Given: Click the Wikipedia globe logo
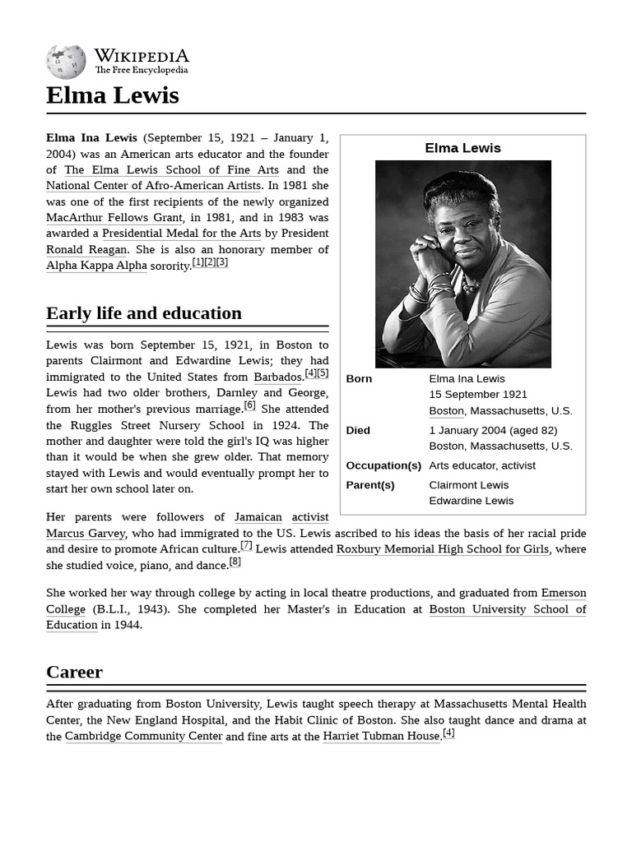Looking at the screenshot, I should [66, 61].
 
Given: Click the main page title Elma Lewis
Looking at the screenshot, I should [112, 95].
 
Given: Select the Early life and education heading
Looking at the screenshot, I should [144, 313].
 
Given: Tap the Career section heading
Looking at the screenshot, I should [74, 672].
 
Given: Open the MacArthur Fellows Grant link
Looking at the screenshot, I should [114, 218].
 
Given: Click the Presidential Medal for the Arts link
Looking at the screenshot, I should [181, 234].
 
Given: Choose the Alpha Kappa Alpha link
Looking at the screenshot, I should [96, 266].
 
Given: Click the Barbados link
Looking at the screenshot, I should [278, 377].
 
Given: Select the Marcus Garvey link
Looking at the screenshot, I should [86, 533].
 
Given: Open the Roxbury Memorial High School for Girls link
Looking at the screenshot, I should [442, 549].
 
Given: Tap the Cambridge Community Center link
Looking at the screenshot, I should [143, 737].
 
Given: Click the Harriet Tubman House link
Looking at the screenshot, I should [381, 737].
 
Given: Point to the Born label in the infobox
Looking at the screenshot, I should [359, 379].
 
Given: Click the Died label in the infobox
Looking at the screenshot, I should [358, 430].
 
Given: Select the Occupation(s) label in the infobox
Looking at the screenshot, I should [383, 465].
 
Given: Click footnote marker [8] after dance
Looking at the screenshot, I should [235, 562].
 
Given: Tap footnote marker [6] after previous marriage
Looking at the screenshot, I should [249, 405].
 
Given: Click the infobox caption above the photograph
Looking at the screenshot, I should [462, 148].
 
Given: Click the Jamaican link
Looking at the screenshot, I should [258, 517].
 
